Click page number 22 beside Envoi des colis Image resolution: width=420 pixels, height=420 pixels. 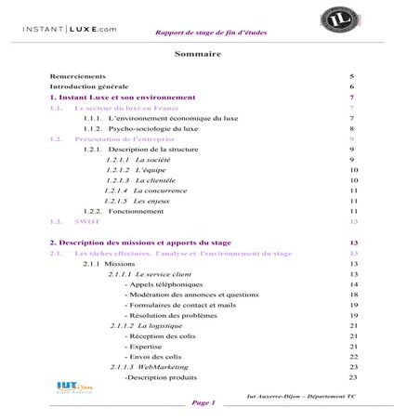point(353,357)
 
